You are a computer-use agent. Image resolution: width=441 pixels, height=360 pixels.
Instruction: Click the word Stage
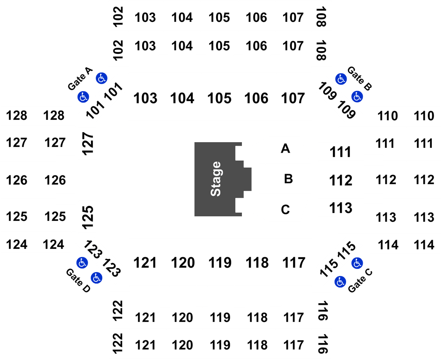pos(216,179)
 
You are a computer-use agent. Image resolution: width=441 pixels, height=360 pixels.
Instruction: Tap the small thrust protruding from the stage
pos(248,179)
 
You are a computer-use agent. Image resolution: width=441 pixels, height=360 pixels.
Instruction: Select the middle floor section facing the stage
pos(287,179)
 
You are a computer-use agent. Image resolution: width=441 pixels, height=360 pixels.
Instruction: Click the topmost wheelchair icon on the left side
pos(101,78)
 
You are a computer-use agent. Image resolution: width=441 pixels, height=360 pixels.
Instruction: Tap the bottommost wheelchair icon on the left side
pos(96,277)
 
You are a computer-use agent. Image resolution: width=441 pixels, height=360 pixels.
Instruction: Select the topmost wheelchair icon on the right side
pos(341,79)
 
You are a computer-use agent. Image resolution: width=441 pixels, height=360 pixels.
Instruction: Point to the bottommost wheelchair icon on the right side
pos(340,282)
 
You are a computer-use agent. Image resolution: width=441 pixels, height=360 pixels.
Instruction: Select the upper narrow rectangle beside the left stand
pos(87,143)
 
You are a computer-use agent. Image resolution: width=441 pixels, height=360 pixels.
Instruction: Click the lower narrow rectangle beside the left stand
pos(87,217)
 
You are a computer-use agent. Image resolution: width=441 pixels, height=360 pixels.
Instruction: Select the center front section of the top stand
pos(220,97)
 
